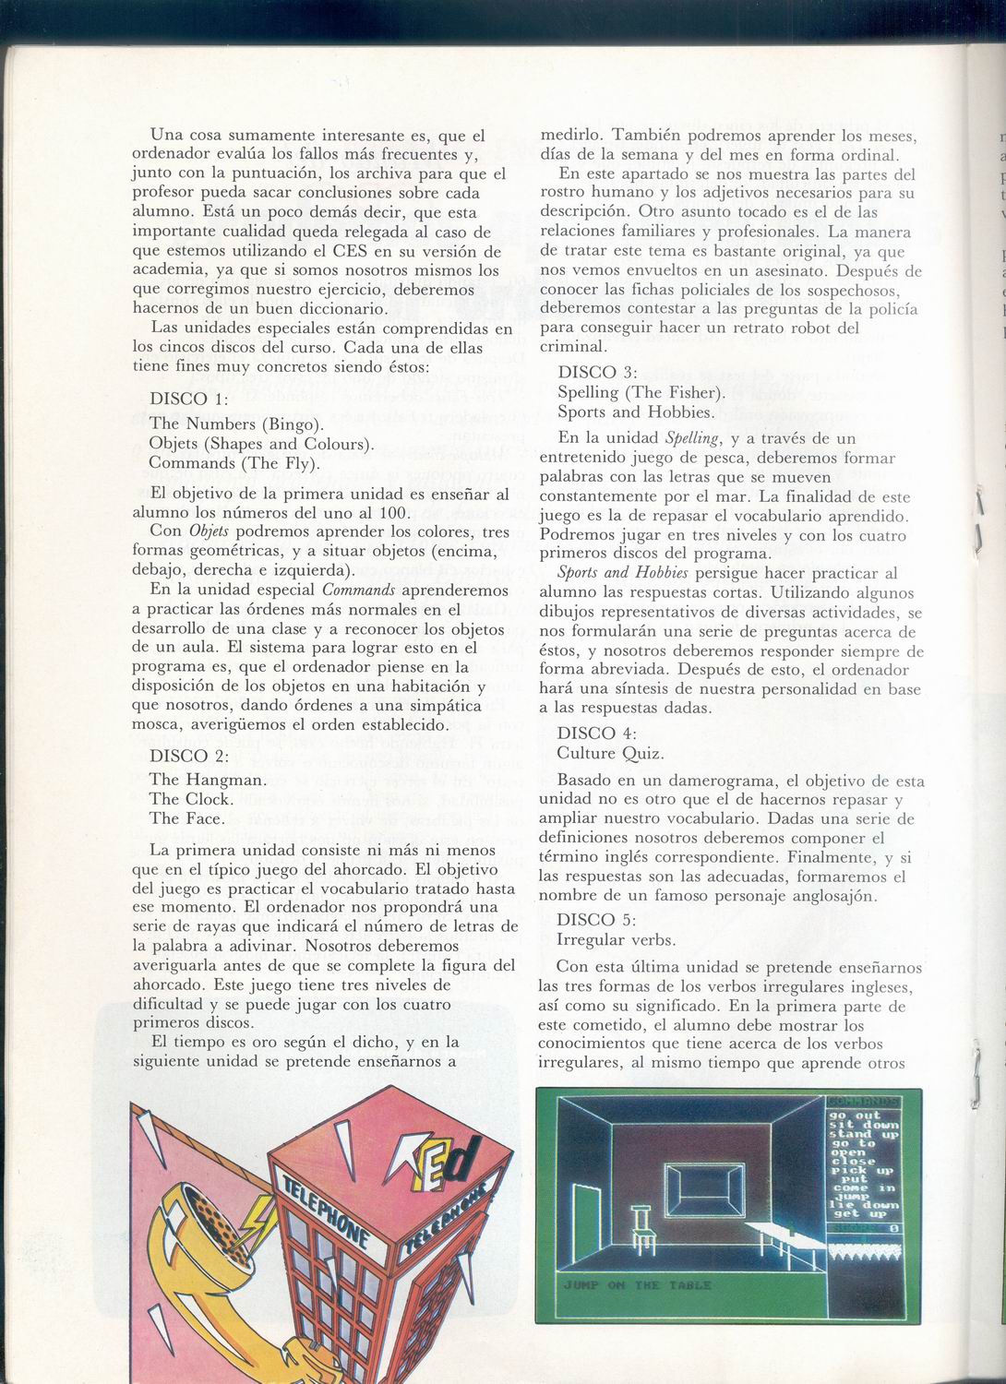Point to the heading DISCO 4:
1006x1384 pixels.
coord(596,733)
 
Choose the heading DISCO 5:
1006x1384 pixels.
coord(596,919)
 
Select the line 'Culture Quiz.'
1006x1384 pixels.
coord(610,753)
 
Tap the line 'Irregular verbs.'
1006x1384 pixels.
coord(617,939)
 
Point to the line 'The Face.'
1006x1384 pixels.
coord(186,818)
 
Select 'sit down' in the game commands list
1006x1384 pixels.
coord(864,1125)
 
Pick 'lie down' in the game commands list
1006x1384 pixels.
coord(864,1205)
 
